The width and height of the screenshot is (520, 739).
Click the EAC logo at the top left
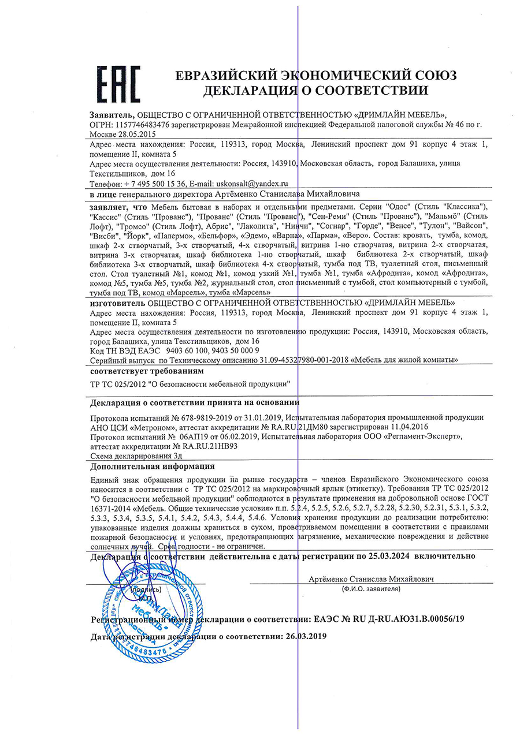pyautogui.click(x=117, y=84)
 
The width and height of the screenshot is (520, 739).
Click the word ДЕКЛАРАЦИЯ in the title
pyautogui.click(x=248, y=91)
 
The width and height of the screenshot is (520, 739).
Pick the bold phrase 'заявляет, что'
pyautogui.click(x=118, y=206)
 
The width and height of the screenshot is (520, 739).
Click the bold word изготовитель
pyautogui.click(x=118, y=302)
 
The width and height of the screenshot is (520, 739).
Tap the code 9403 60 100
pyautogui.click(x=188, y=350)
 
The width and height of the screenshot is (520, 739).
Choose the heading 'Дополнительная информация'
pyautogui.click(x=153, y=466)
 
